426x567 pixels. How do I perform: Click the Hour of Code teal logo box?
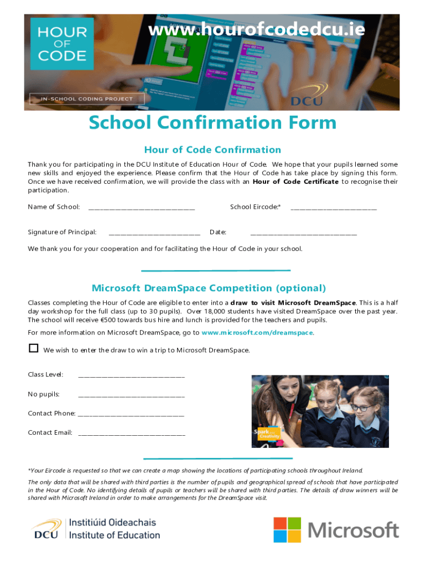58,44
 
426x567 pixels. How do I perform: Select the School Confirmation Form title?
212,123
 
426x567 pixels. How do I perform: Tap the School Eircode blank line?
334,209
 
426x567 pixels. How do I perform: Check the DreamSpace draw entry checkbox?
34,348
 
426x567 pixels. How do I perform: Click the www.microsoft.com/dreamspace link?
257,333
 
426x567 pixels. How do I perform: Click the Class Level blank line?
131,377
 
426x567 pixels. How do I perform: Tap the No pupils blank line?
131,396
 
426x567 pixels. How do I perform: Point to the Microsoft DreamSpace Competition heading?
209,288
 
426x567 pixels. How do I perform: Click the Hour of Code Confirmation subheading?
212,150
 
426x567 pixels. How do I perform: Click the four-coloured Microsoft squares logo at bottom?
287,530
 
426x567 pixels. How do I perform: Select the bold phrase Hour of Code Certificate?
295,182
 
